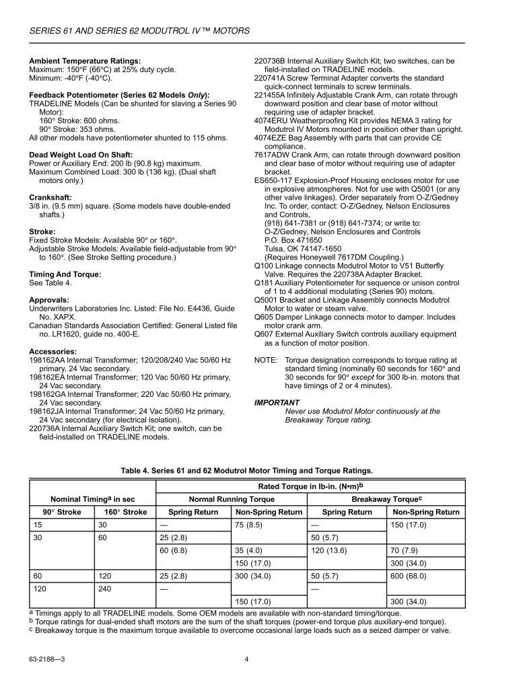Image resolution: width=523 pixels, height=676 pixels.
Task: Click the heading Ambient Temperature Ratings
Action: [85, 61]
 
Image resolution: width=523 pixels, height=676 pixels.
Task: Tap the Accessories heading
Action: [53, 351]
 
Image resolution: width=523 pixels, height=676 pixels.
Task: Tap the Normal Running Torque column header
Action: [232, 499]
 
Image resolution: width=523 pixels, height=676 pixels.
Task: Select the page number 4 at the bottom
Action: [247, 659]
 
